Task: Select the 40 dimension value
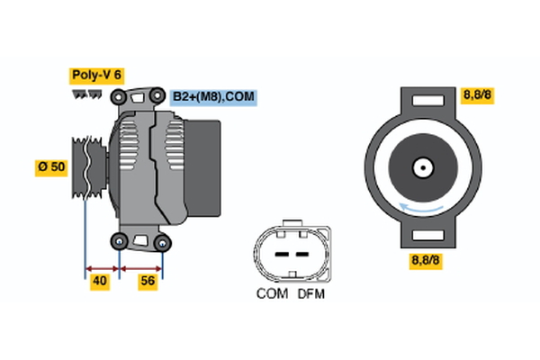(101, 283)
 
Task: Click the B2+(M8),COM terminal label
(213, 96)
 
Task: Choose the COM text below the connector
(272, 293)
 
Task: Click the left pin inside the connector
(279, 253)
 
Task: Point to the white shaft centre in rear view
(420, 166)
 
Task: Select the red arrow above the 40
(101, 267)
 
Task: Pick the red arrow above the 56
(141, 267)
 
